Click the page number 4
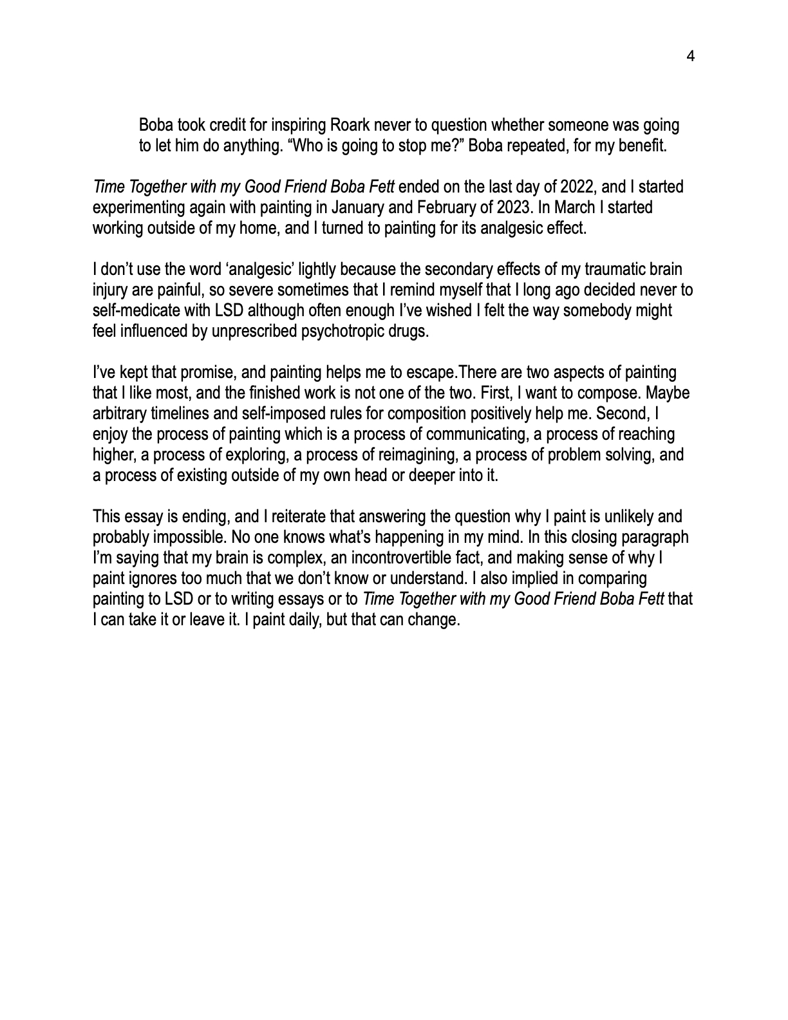point(691,57)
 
